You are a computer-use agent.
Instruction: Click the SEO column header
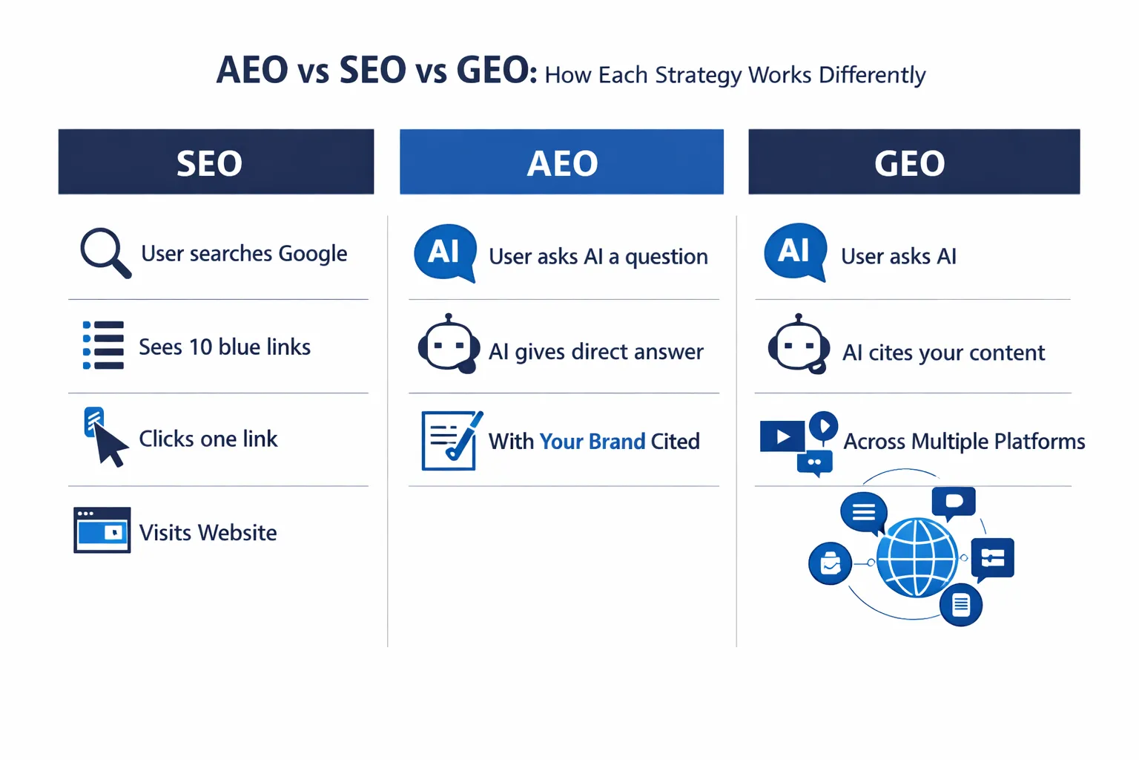point(216,162)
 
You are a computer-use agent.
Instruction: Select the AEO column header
point(561,162)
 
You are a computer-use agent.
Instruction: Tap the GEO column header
point(914,162)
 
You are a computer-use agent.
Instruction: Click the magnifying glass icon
point(105,252)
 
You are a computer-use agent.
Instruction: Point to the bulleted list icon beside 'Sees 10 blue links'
point(103,345)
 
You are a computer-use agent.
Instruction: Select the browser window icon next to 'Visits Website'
point(102,530)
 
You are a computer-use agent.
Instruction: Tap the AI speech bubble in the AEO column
point(445,253)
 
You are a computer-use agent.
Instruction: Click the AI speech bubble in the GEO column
point(795,252)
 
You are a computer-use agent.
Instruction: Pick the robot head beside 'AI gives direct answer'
point(448,345)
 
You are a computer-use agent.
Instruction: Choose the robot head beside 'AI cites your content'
point(799,345)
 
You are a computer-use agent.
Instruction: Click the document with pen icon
point(450,440)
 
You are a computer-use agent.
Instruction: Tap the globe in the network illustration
point(917,557)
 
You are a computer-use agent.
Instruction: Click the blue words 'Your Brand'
point(592,442)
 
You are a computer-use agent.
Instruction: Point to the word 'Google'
point(312,254)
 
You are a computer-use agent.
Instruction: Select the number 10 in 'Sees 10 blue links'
point(200,347)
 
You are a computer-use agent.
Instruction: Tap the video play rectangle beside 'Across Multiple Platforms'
point(782,436)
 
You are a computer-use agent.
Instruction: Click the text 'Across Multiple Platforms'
point(964,442)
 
